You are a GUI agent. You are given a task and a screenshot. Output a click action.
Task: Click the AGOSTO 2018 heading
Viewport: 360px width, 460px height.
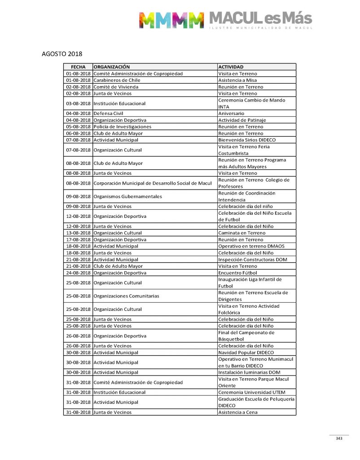click(62, 54)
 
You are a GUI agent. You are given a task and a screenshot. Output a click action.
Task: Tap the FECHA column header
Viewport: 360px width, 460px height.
click(78, 67)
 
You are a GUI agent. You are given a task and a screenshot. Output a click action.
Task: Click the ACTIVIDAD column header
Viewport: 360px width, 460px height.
click(231, 67)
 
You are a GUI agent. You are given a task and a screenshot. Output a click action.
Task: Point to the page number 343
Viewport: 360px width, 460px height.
click(339, 438)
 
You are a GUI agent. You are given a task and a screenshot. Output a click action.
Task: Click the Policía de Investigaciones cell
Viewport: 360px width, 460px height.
click(122, 127)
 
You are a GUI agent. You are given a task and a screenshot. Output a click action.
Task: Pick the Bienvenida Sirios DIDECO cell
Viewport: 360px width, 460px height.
click(244, 140)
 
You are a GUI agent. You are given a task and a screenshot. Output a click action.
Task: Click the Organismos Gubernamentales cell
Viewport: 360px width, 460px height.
click(128, 196)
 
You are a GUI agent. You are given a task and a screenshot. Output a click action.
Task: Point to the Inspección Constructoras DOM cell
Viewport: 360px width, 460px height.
click(247, 260)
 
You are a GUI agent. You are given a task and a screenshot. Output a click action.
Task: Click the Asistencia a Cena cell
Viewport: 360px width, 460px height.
click(238, 412)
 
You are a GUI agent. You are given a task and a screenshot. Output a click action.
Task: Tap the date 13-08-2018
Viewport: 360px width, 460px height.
click(78, 233)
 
